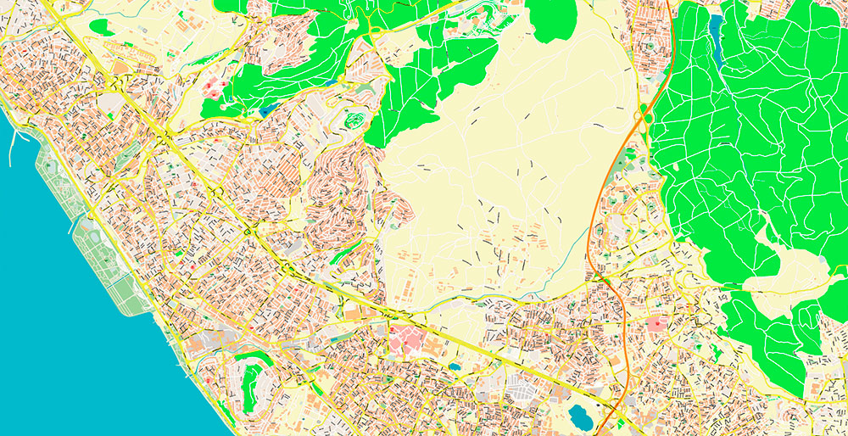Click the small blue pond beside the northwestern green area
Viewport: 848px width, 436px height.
point(267,109)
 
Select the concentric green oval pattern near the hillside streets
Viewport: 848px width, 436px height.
point(354,120)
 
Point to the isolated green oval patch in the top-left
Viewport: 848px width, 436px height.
point(101,27)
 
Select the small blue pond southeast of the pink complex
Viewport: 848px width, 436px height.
point(455,367)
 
